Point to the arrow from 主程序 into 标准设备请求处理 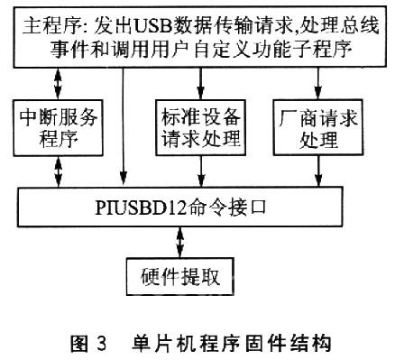tap(200, 83)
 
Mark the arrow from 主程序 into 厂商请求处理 tap(317, 83)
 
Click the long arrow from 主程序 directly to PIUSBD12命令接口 tap(123, 126)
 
